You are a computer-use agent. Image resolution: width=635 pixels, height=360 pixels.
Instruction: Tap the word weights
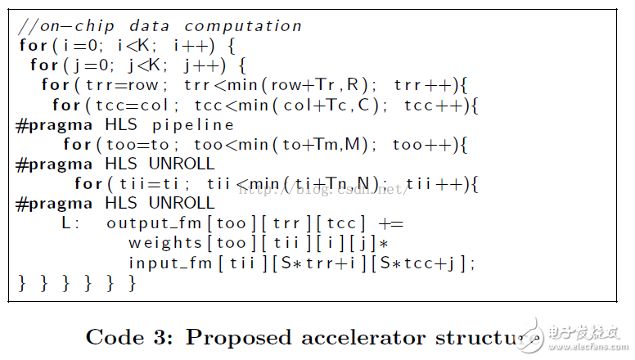(x=164, y=243)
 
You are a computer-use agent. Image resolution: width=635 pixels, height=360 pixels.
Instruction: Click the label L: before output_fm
(x=70, y=223)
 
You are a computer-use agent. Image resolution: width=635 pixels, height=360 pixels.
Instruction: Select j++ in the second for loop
(x=201, y=65)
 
